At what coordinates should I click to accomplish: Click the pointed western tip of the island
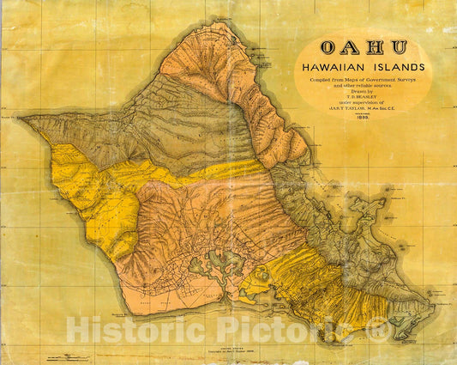(x=23, y=119)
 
